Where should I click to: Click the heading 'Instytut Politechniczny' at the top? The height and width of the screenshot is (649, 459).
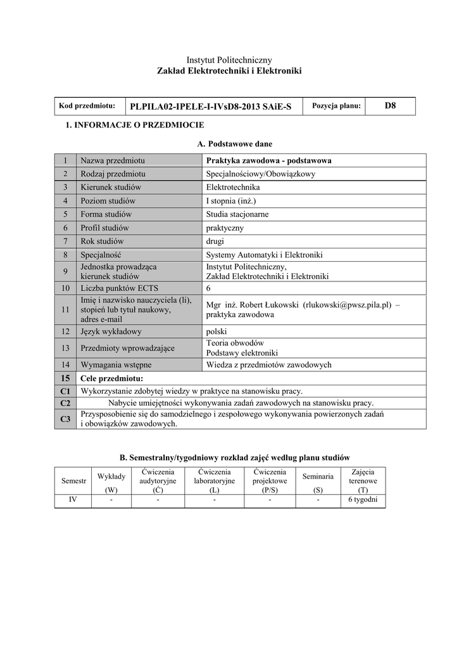[229, 60]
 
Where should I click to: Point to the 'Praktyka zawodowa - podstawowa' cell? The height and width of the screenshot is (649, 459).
[269, 160]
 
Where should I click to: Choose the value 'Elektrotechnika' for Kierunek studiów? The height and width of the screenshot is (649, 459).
[233, 187]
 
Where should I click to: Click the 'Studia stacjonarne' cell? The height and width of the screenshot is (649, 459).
[237, 214]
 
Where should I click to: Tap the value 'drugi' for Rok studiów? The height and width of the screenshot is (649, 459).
[215, 241]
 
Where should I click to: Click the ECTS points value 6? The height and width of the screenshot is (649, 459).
[209, 288]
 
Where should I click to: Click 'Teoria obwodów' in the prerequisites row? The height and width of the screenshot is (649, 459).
[235, 343]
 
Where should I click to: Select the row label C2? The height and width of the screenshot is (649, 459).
[65, 403]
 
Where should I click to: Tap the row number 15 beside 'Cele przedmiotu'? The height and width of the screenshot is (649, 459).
[65, 378]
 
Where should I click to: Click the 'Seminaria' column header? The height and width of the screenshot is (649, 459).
[318, 476]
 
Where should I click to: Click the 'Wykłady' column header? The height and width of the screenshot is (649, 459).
[111, 476]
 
